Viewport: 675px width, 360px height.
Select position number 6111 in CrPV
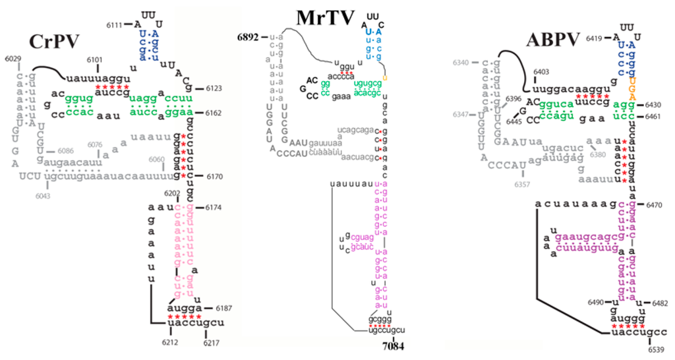click(x=114, y=24)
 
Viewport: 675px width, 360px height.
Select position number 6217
click(x=212, y=343)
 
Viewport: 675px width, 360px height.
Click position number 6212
click(x=171, y=343)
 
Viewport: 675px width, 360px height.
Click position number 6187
click(x=216, y=308)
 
